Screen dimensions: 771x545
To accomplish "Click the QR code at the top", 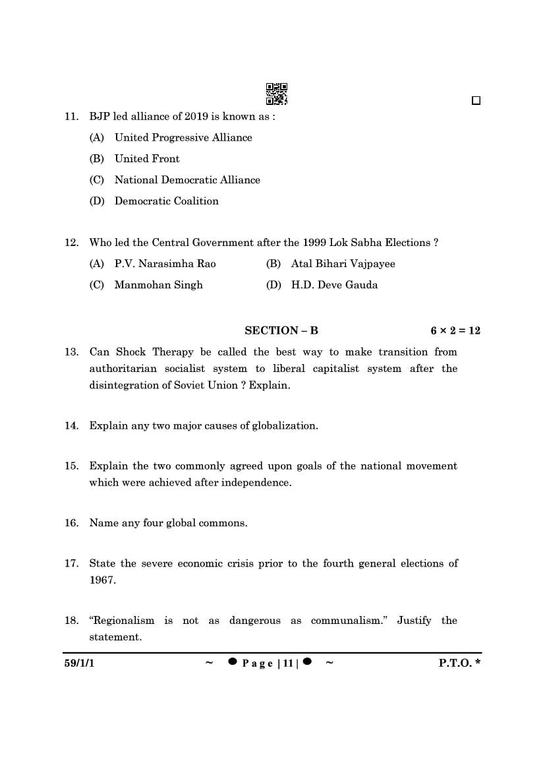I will (x=277, y=94).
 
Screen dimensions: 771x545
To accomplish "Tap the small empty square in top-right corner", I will (x=476, y=101).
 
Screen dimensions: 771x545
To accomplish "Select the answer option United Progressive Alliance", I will (x=183, y=137).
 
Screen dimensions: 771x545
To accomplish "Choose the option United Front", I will (x=146, y=158).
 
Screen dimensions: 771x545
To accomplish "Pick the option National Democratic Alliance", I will (x=186, y=179).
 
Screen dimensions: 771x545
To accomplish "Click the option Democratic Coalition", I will (x=166, y=200).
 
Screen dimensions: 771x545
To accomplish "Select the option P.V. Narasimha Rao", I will (x=165, y=263).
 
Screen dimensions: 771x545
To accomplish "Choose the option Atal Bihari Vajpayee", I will (x=343, y=263).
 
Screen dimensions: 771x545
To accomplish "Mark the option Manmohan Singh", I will (x=158, y=284).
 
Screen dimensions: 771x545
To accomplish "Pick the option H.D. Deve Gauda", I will (x=334, y=284).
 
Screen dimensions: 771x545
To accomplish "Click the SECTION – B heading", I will (x=281, y=330).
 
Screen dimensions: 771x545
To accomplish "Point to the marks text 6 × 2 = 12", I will (x=455, y=330).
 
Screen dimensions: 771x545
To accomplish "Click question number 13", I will (x=71, y=352).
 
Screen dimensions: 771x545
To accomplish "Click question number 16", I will (x=71, y=523).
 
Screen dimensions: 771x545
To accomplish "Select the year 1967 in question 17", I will (x=102, y=580).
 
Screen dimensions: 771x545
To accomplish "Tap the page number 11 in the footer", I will (x=287, y=663).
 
